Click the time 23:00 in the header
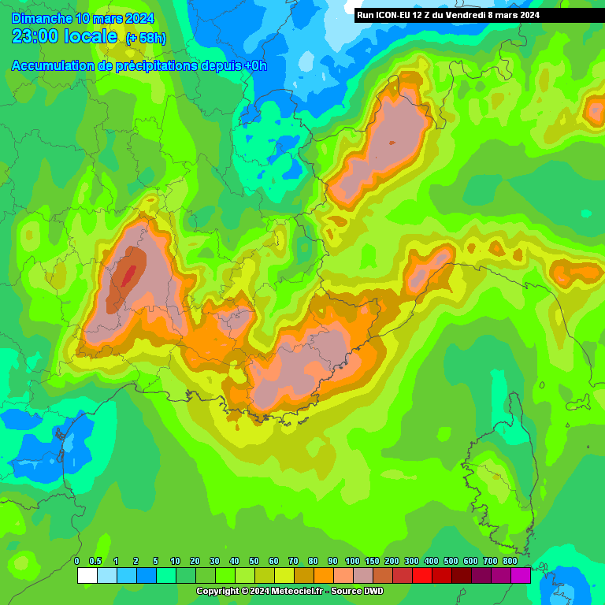[x=38, y=36]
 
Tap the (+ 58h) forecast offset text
[x=146, y=39]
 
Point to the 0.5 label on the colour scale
[x=96, y=561]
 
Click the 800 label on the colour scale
[x=510, y=561]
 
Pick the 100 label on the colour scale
[x=352, y=561]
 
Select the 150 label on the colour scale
[x=372, y=561]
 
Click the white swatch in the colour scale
[x=87, y=576]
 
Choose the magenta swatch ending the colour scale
[x=520, y=576]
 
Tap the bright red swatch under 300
[x=421, y=576]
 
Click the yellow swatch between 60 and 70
[x=284, y=576]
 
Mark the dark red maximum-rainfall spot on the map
[x=128, y=277]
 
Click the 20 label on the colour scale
[x=195, y=561]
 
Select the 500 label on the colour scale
[x=451, y=561]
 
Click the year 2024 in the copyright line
[x=260, y=591]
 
